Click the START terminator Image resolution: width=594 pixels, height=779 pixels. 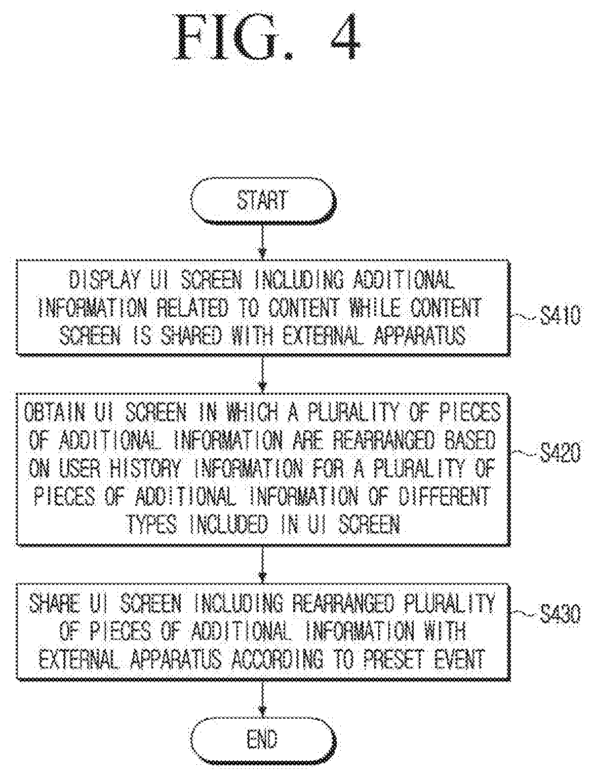[x=263, y=201]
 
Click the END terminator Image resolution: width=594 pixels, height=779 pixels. [x=263, y=739]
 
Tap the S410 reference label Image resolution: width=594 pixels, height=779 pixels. [x=560, y=316]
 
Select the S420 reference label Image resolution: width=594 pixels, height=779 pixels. [x=560, y=453]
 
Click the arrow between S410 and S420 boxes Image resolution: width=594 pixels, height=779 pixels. [x=262, y=375]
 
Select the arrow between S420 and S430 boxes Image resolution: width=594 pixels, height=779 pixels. [x=262, y=565]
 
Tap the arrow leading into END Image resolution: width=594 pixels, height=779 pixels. [x=262, y=698]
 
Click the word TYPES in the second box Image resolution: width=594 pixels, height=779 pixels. [x=152, y=524]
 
